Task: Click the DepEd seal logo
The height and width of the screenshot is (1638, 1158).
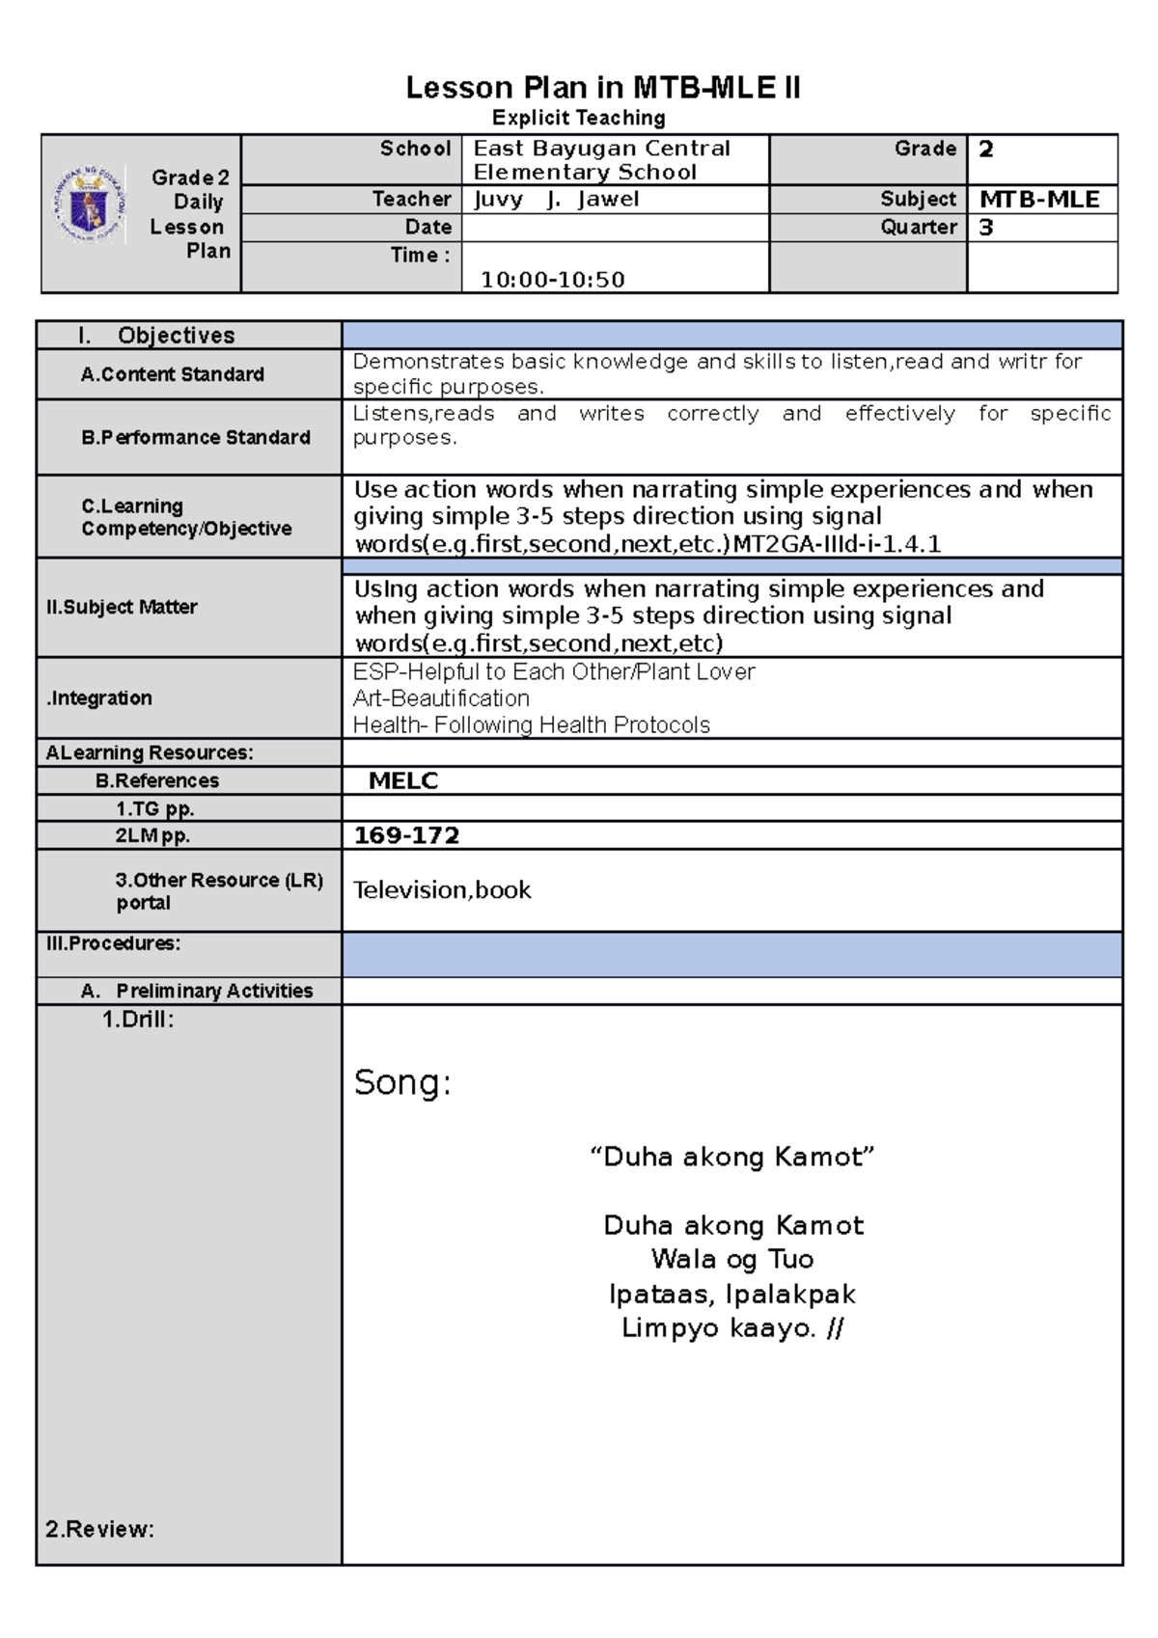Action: [x=88, y=205]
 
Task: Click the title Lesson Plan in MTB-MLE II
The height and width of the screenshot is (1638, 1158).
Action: [x=602, y=89]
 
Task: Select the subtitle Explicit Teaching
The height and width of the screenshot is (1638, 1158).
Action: [x=578, y=119]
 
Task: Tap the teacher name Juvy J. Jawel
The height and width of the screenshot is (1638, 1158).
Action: [x=556, y=200]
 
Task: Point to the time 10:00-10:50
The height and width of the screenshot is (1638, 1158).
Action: [x=552, y=280]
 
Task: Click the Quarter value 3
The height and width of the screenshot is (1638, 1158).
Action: [x=986, y=228]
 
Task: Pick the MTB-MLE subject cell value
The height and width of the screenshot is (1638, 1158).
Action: [x=1039, y=200]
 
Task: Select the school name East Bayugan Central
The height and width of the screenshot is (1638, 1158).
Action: [x=601, y=149]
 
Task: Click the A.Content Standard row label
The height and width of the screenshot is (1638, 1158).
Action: [x=172, y=374]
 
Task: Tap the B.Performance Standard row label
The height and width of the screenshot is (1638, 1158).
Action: [x=195, y=438]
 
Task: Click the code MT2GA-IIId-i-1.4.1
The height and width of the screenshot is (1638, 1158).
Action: [x=837, y=544]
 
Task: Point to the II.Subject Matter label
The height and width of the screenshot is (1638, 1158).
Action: [x=122, y=607]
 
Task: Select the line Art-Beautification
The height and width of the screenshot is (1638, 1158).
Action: [x=441, y=698]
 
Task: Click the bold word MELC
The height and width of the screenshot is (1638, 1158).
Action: [x=403, y=781]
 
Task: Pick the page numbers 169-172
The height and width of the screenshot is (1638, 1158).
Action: [x=406, y=835]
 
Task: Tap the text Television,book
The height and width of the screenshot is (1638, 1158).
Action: [x=442, y=890]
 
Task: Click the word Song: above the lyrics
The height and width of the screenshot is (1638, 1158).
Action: [x=402, y=1082]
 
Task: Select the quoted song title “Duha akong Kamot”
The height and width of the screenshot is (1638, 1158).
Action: [x=731, y=1157]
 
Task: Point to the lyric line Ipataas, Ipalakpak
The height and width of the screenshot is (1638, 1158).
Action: [x=731, y=1295]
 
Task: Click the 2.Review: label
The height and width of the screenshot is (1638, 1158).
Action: [x=99, y=1529]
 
